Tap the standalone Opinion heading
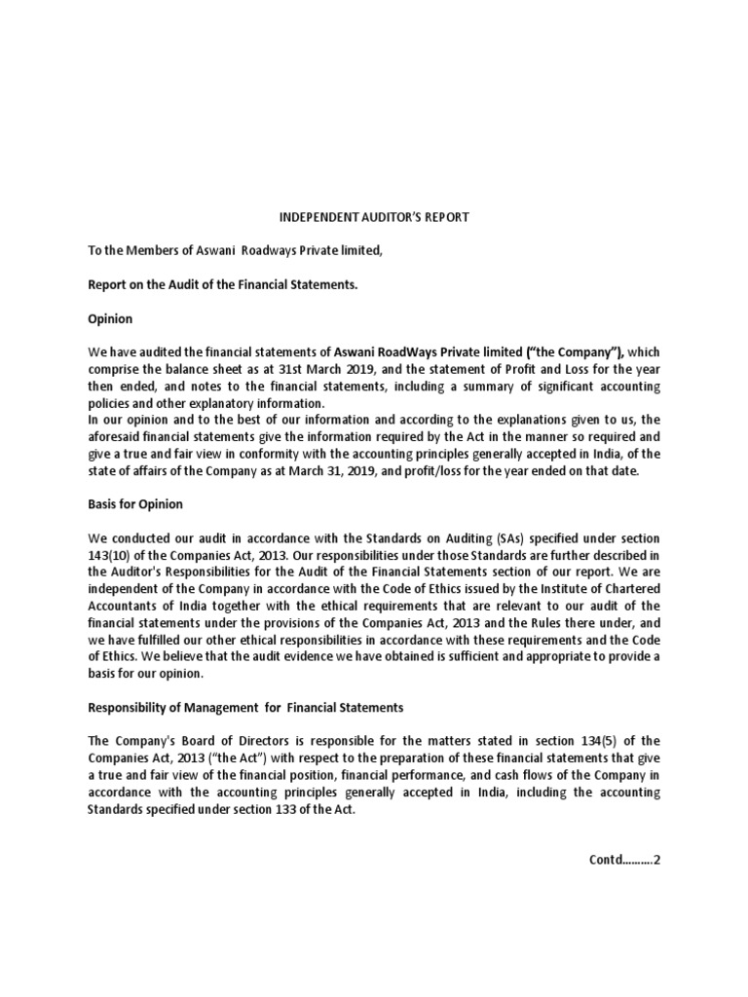coord(110,318)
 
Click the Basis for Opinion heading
coord(135,504)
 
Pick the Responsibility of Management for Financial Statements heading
coord(244,707)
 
